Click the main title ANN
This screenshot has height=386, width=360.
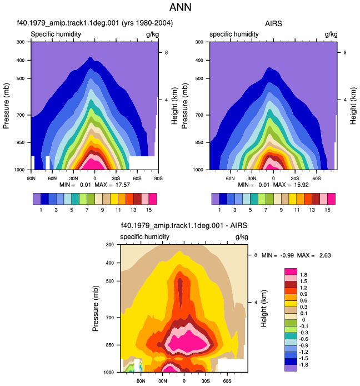click(x=180, y=7)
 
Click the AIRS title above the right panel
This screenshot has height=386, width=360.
click(x=273, y=23)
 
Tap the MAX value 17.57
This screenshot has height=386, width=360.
click(x=122, y=185)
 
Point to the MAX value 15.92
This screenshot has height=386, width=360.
click(x=301, y=185)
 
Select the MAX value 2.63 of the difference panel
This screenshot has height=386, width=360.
click(x=325, y=255)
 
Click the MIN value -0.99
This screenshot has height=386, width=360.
click(x=287, y=255)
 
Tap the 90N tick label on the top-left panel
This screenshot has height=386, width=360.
click(x=31, y=179)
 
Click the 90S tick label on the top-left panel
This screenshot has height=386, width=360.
click(x=158, y=179)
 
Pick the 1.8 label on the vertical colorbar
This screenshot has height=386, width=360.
click(x=303, y=275)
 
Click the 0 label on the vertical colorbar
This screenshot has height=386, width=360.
click(x=303, y=320)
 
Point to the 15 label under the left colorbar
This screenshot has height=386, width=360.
click(x=148, y=210)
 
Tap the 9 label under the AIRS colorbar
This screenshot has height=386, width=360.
click(x=281, y=210)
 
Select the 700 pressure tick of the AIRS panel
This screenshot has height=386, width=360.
click(x=199, y=115)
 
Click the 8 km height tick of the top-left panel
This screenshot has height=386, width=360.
click(x=166, y=52)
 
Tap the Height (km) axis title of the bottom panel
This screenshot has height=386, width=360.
click(x=263, y=309)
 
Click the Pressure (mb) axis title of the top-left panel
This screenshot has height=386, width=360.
click(x=6, y=106)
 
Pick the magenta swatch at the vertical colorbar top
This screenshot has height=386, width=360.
click(x=291, y=271)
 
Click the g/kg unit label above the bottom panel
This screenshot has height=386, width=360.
click(x=242, y=237)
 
